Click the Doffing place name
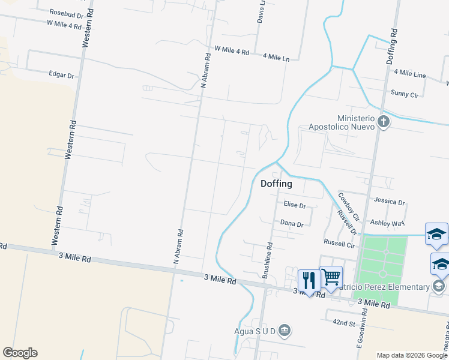[x=276, y=184]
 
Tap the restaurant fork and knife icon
[x=309, y=280]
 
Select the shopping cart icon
[x=331, y=277]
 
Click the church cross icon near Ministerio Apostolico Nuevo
[x=384, y=123]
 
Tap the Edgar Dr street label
[x=62, y=75]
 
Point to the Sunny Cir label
[x=405, y=94]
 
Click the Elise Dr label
[x=295, y=205]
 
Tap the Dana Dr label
[x=292, y=223]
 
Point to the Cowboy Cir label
[x=348, y=205]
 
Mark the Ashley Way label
[x=387, y=223]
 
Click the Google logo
[x=20, y=353]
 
